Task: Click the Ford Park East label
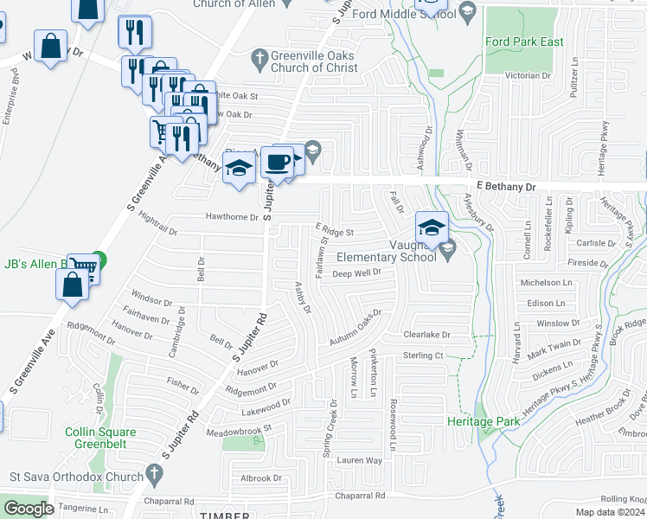(525, 42)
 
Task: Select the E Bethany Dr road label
(506, 186)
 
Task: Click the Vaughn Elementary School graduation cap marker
(432, 229)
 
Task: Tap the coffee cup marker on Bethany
(278, 162)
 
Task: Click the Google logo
(29, 509)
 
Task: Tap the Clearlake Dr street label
(427, 335)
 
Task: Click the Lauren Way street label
(360, 460)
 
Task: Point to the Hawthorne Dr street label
(232, 217)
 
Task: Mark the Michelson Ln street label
(547, 283)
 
